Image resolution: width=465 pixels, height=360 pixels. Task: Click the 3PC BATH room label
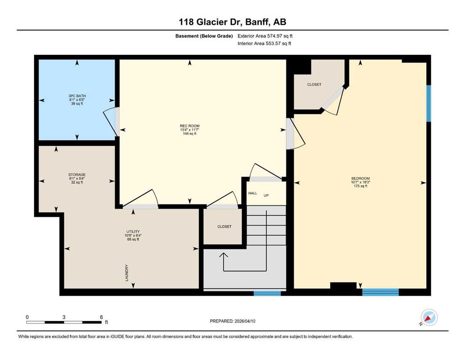coord(77,96)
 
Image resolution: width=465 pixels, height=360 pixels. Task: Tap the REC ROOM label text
coord(189,126)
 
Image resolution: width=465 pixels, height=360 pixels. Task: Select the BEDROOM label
coord(360,179)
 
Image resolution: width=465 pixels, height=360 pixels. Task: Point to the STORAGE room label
coord(77,175)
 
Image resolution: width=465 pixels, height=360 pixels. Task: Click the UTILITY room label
coord(133,231)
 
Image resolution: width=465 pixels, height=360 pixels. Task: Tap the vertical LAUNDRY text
coord(127,272)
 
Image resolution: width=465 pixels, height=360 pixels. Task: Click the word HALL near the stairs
coord(253,193)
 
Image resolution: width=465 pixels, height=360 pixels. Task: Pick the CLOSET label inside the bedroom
coord(314,84)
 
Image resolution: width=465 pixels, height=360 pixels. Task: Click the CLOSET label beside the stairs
coord(224,226)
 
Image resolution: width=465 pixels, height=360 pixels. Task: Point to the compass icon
coord(428,318)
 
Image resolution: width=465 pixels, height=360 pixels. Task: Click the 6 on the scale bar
coord(101,317)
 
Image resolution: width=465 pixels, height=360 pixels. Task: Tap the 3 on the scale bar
coord(64,317)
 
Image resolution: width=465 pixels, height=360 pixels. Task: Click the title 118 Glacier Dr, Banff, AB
coord(232,22)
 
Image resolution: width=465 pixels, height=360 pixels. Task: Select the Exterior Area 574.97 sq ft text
coord(266,36)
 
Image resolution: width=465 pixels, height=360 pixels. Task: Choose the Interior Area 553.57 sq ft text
coord(265,44)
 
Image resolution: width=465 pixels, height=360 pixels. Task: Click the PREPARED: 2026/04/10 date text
coord(233,321)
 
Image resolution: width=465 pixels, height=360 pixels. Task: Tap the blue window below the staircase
coord(267,293)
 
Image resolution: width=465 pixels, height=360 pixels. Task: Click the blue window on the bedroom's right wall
coord(428,103)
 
